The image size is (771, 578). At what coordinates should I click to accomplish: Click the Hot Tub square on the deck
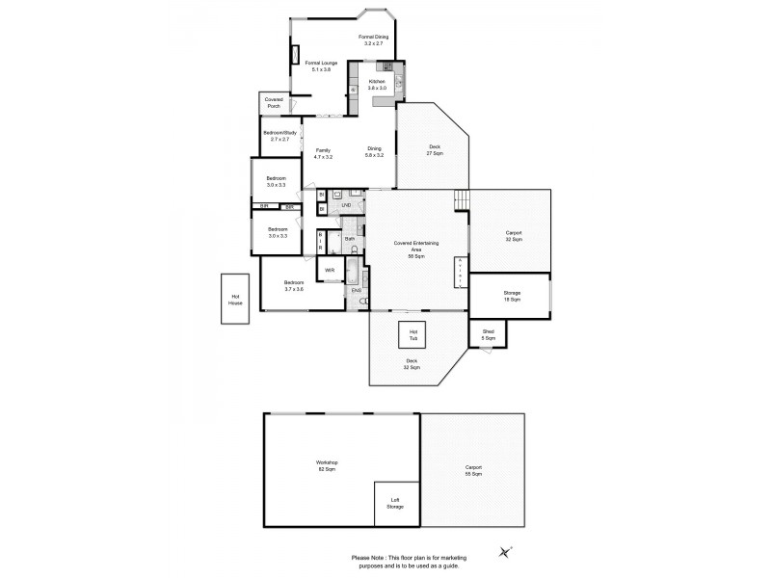413,335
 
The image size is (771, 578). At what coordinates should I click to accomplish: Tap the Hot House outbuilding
234,300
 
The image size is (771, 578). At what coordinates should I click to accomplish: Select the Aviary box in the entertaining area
461,272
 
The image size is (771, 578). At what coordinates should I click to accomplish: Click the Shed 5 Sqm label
489,335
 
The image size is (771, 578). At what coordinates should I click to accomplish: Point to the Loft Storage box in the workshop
396,503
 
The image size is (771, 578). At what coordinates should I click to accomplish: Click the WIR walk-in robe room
329,271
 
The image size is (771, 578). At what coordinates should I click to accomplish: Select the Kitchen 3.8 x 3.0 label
378,85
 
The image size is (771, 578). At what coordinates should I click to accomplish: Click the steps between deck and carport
462,199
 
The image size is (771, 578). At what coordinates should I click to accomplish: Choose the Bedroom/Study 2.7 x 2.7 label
276,136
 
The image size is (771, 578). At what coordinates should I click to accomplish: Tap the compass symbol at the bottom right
505,551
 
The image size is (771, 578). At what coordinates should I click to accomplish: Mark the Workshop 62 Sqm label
327,465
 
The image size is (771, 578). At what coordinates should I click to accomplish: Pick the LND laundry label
346,205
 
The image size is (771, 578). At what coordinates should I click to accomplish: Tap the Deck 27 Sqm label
436,151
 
